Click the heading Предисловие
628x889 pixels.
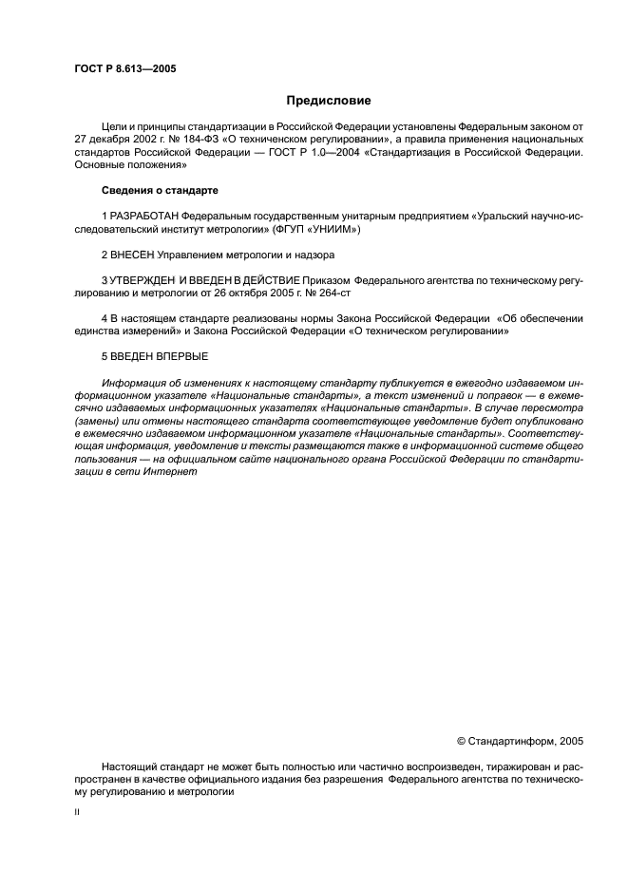(x=329, y=100)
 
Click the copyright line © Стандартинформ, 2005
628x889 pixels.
(x=520, y=739)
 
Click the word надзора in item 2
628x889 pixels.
(x=311, y=255)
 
